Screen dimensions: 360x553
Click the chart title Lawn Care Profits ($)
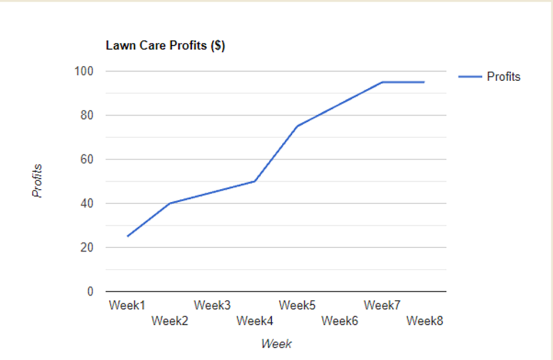tap(165, 46)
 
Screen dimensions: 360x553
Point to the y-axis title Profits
tap(38, 181)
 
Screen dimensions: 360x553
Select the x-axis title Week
tap(276, 344)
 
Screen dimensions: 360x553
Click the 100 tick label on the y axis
tap(85, 71)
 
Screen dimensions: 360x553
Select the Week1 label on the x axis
tap(127, 305)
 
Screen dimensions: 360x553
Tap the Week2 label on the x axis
tap(169, 321)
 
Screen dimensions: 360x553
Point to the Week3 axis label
tap(212, 305)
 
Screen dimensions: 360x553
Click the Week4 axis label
tap(255, 321)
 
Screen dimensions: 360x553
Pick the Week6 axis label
tap(340, 321)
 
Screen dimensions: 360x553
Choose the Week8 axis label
tap(425, 321)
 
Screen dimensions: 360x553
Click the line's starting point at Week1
tap(127, 236)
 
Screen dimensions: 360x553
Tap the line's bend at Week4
tap(255, 181)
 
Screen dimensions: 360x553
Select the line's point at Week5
tap(297, 126)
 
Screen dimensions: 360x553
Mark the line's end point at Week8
tap(424, 82)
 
